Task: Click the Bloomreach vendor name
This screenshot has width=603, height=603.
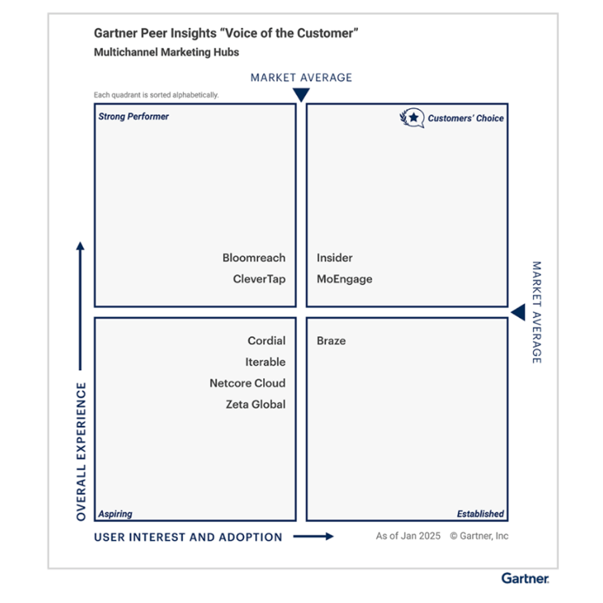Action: click(x=254, y=258)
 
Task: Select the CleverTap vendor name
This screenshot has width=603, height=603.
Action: click(x=259, y=279)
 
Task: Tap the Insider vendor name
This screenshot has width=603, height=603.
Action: click(x=335, y=258)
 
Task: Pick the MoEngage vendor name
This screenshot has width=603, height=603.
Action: click(x=344, y=279)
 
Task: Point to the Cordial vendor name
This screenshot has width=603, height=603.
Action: click(x=266, y=340)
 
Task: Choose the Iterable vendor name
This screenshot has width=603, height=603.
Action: click(x=265, y=362)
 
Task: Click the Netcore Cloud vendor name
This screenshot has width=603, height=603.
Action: click(x=247, y=383)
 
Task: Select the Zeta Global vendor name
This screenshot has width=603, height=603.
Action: click(x=256, y=405)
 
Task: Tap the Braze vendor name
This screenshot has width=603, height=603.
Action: click(x=331, y=340)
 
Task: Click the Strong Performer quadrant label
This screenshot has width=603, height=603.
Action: click(x=134, y=117)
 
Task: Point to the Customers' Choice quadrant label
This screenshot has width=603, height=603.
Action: click(x=465, y=118)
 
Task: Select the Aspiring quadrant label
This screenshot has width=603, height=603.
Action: click(x=116, y=514)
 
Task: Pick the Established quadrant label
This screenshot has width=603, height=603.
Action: click(x=481, y=514)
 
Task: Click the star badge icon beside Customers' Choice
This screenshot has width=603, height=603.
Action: click(x=413, y=117)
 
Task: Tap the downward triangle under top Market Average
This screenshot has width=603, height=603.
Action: click(x=301, y=95)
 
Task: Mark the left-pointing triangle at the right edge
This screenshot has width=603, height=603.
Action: click(x=518, y=312)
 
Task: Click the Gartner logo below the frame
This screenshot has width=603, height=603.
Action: click(x=525, y=578)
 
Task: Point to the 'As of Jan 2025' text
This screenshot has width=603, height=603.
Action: click(x=408, y=536)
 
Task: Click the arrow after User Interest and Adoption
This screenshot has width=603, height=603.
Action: click(x=313, y=536)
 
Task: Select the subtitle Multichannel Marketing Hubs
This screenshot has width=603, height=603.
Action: click(x=166, y=53)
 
